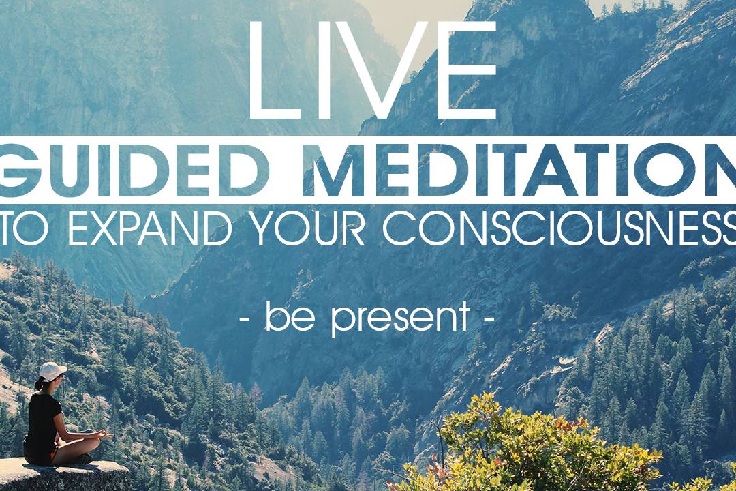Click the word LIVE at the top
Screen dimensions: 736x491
tap(372, 70)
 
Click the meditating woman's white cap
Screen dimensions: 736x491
tap(52, 371)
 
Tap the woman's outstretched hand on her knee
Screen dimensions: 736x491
tap(106, 436)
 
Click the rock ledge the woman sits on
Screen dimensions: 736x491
tap(63, 475)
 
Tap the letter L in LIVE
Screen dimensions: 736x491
tap(273, 70)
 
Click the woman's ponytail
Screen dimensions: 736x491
tap(38, 384)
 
